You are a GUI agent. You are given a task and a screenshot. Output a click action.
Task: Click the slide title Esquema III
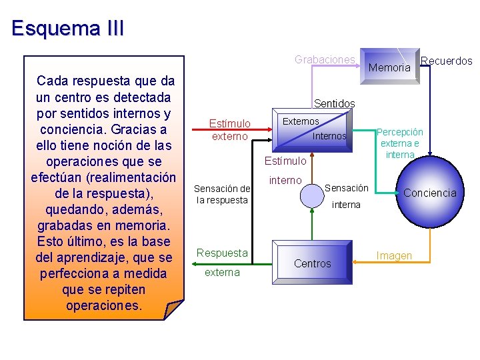click(x=67, y=29)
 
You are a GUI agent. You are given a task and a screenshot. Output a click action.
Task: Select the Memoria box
click(x=389, y=67)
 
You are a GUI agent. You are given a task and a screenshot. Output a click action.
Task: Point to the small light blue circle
click(x=312, y=194)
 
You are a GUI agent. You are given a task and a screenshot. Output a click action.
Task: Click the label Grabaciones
click(x=325, y=59)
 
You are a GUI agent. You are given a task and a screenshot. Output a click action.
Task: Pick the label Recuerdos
click(x=447, y=61)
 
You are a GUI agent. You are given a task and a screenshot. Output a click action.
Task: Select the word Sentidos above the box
click(x=334, y=103)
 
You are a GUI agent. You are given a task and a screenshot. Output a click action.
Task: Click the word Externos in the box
click(x=301, y=121)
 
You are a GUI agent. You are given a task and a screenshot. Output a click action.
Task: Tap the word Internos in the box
click(x=329, y=136)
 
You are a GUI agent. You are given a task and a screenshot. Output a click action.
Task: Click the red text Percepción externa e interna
click(x=400, y=143)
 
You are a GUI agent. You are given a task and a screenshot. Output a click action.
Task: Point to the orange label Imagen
click(x=394, y=255)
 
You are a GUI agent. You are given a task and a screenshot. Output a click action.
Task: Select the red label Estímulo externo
click(x=230, y=130)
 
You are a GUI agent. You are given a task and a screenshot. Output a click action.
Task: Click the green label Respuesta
click(x=222, y=253)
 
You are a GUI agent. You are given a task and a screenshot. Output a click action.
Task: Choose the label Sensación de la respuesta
click(x=222, y=194)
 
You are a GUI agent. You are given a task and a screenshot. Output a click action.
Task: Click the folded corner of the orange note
click(x=173, y=310)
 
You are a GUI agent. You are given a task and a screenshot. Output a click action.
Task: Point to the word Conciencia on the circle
click(x=430, y=193)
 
